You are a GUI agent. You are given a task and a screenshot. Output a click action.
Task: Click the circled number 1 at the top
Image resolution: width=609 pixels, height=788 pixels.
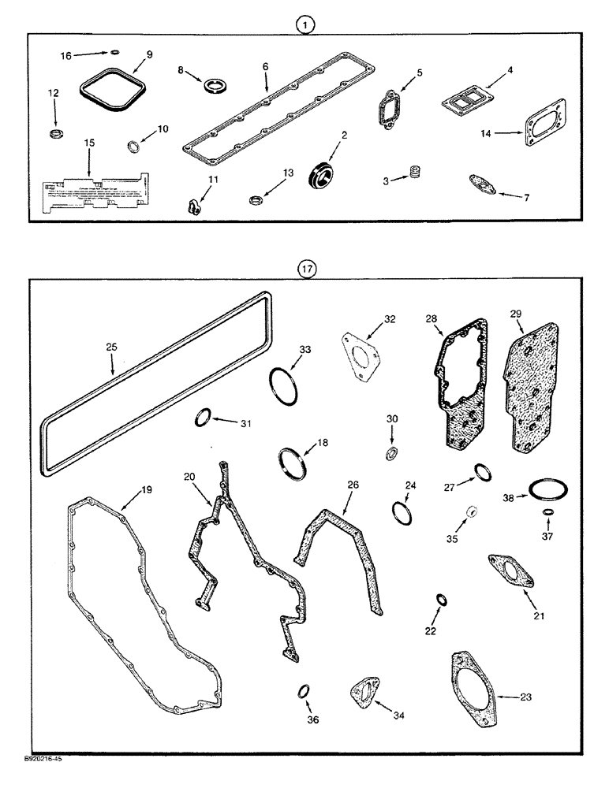coord(305,25)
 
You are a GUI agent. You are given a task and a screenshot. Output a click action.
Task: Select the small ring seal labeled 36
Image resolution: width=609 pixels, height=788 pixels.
coord(303,692)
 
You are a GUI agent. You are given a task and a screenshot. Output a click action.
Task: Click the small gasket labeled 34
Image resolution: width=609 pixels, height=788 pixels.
coord(364,691)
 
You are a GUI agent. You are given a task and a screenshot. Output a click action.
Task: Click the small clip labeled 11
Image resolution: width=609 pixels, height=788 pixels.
coord(191,207)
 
